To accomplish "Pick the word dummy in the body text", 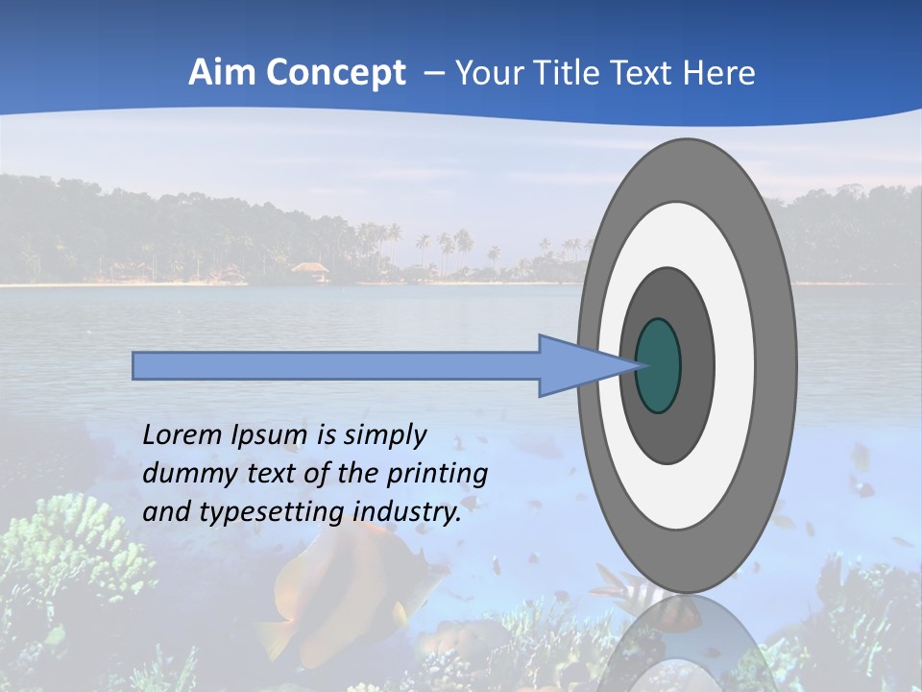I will pos(182,474).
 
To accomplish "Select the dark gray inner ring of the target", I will pos(696,365).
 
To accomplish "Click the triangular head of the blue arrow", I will pos(581,366).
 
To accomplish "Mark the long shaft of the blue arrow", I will pos(336,366).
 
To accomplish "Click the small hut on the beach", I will pos(309,270).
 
